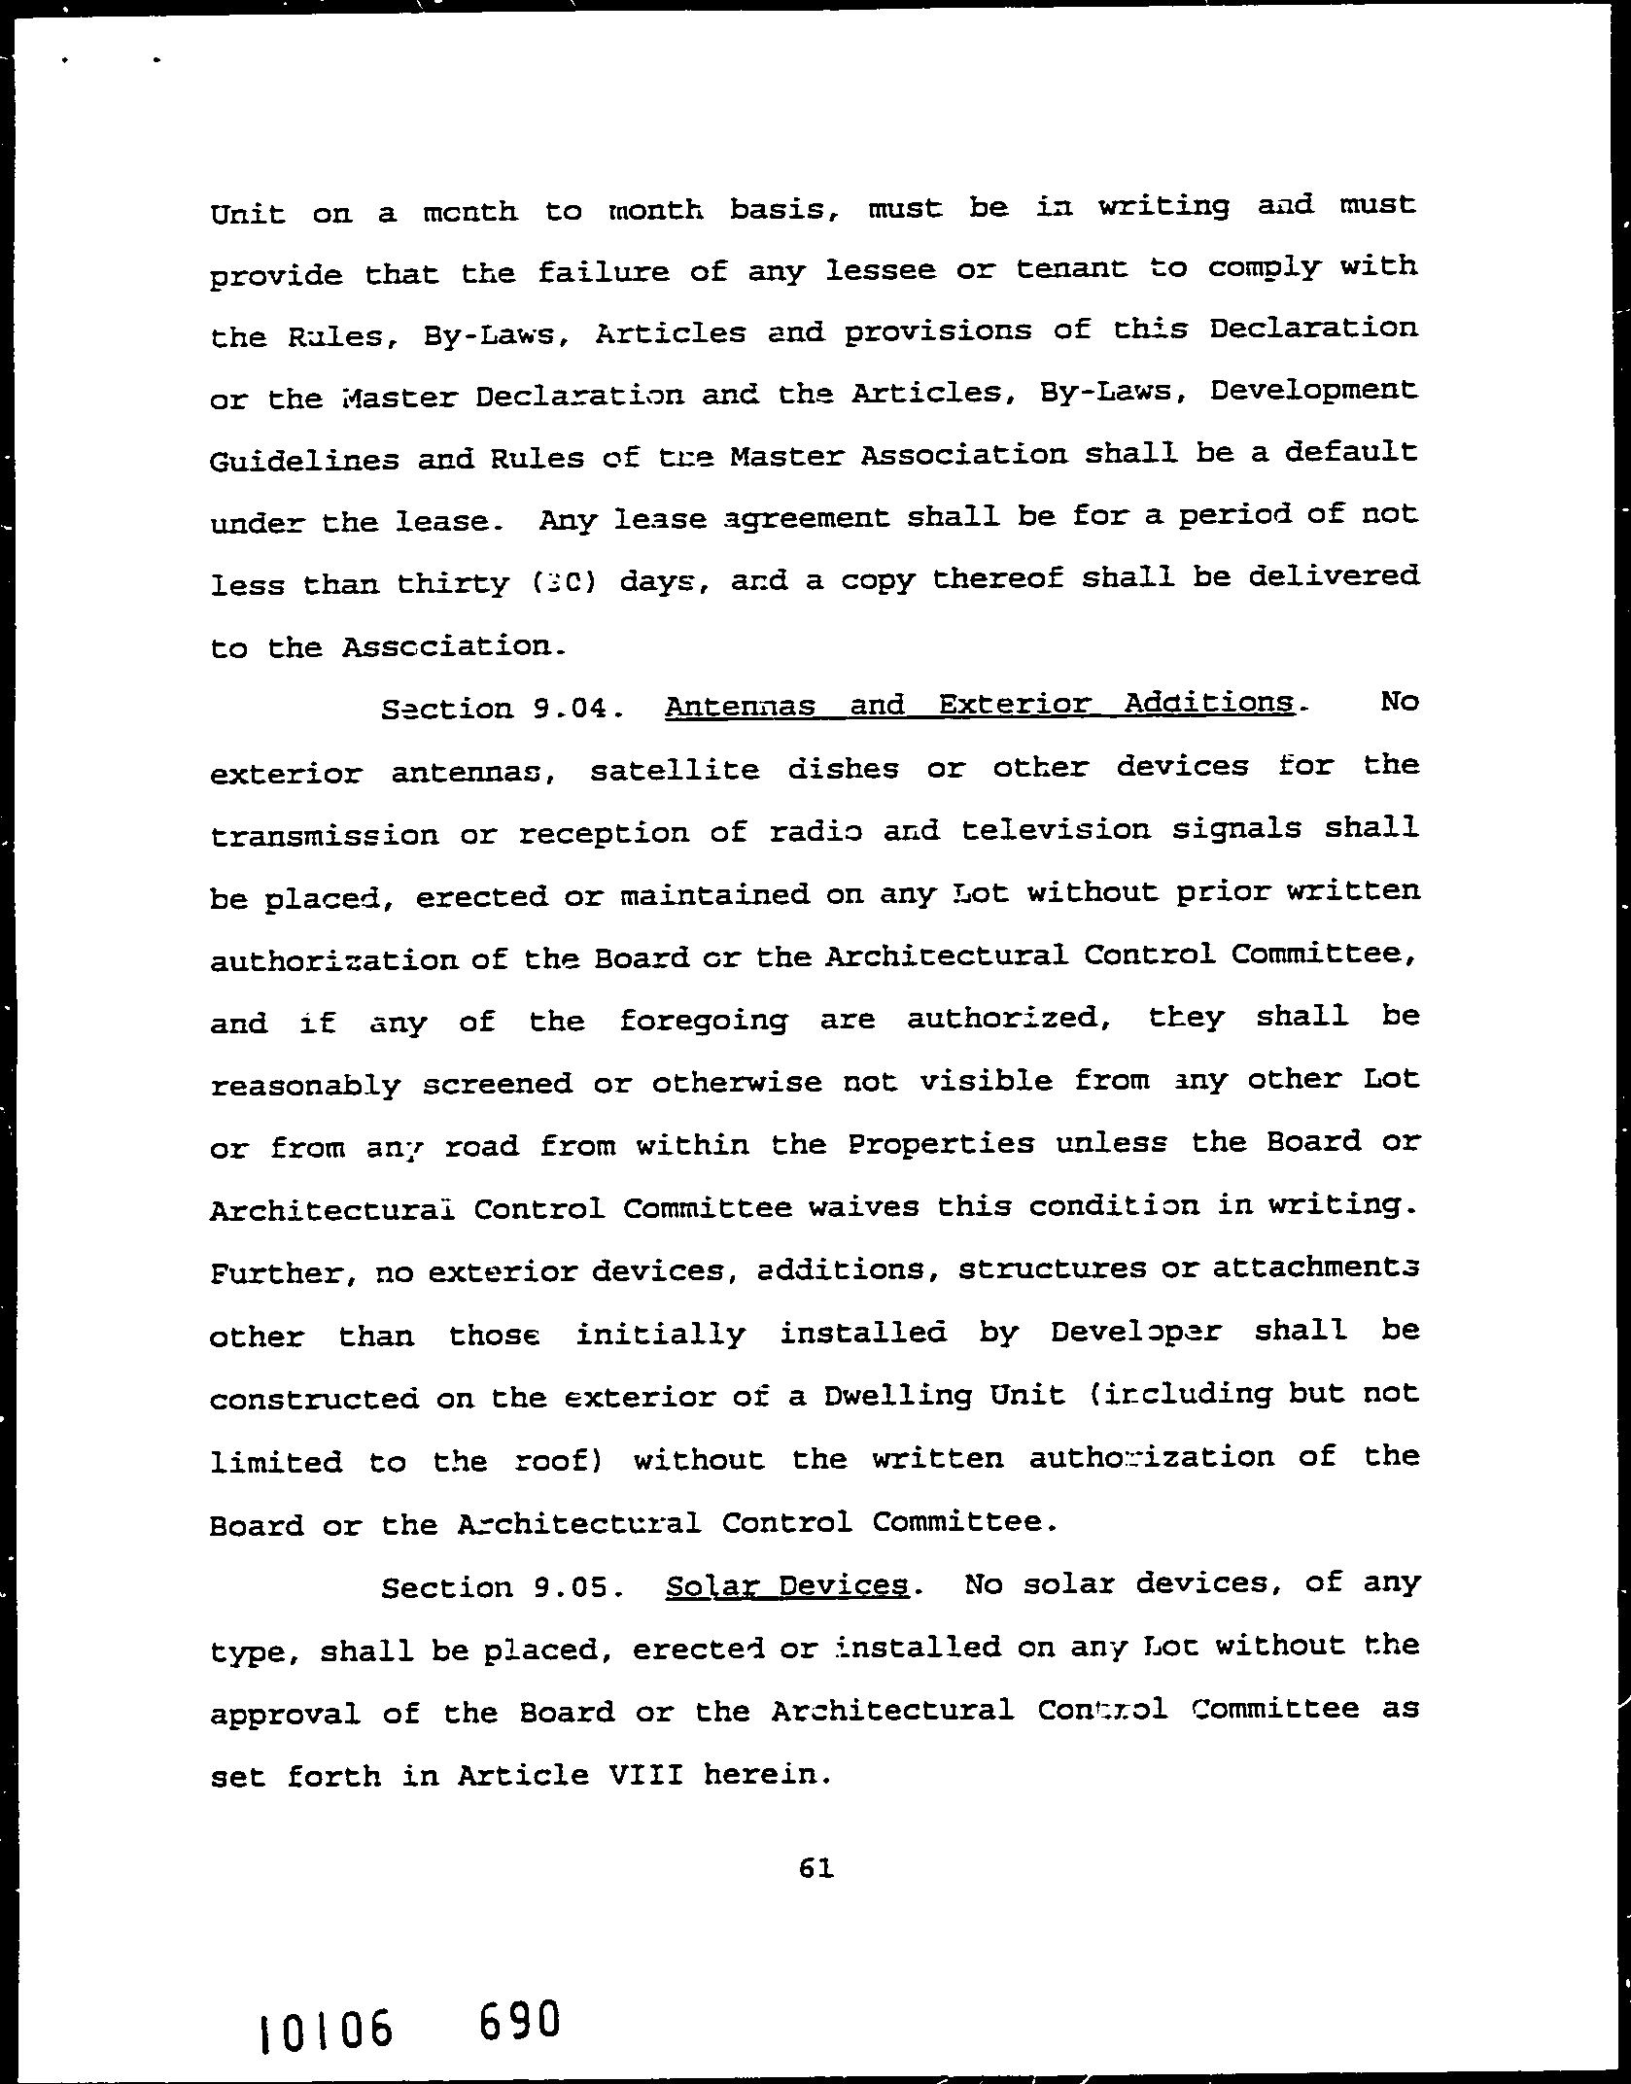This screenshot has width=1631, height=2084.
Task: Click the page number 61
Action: tap(815, 1867)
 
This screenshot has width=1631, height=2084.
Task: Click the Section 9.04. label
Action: tap(502, 709)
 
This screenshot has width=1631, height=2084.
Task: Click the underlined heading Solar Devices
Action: tap(787, 1586)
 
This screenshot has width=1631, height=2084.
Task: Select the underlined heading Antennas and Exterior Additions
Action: tap(980, 704)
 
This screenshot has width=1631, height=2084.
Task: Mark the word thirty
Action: tap(454, 583)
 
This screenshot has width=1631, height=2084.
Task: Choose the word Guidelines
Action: tap(304, 459)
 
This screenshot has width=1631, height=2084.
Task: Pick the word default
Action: tap(1360, 452)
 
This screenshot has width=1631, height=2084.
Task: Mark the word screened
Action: tap(498, 1083)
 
